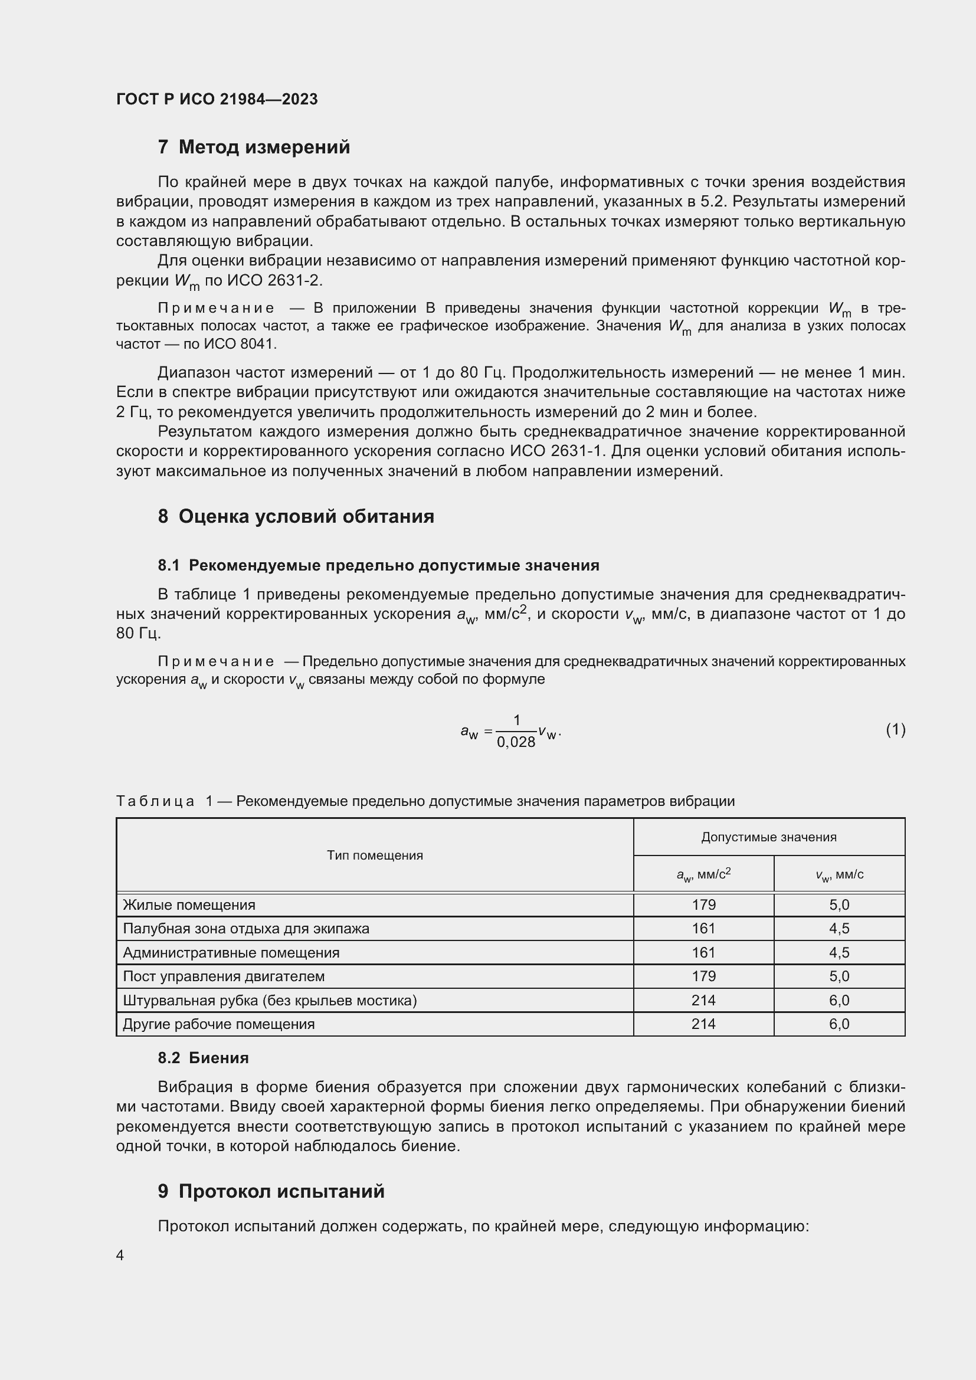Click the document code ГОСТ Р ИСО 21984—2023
coord(217,99)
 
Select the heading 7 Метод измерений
coord(254,147)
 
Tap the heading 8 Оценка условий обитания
coord(296,516)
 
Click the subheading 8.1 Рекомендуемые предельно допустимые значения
coord(379,565)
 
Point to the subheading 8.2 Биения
coord(203,1058)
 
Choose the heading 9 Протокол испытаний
coord(271,1191)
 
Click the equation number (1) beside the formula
coord(895,730)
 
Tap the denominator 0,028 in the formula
coord(516,742)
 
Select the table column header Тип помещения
coord(375,855)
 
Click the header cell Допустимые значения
coord(769,837)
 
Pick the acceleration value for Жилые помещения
coord(703,904)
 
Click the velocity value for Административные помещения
coord(839,953)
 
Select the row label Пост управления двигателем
coord(224,976)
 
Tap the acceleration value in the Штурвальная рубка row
coord(703,1000)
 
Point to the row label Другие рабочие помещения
coord(219,1024)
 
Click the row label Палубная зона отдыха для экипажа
coord(246,929)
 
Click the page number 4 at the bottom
coord(120,1256)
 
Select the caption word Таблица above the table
coord(155,801)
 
